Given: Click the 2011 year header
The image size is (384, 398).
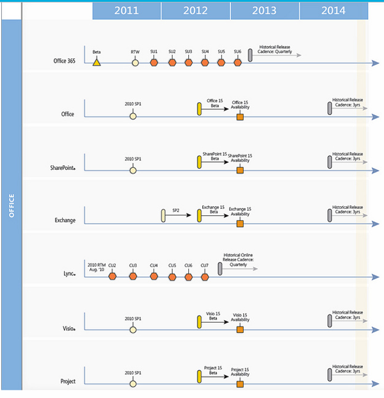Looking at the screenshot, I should [127, 10].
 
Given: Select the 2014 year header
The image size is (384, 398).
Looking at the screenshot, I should [333, 10].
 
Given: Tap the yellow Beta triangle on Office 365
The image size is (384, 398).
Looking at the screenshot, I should [97, 62].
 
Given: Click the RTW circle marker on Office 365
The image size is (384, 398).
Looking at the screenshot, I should [135, 63].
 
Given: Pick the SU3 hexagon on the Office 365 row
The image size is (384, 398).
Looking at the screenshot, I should [188, 63].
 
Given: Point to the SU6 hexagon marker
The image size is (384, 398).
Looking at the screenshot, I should [237, 63].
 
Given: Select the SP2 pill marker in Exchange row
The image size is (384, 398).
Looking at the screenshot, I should [164, 216].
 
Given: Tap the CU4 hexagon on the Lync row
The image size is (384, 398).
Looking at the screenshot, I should [154, 277].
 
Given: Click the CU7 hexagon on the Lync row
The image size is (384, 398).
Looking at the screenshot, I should [205, 277].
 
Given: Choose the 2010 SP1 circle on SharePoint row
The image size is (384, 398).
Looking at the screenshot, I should [133, 171].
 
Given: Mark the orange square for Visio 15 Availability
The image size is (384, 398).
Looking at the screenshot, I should [240, 330].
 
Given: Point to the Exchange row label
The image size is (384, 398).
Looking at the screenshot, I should [65, 220].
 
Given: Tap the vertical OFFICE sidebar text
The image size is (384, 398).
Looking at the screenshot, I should [12, 206].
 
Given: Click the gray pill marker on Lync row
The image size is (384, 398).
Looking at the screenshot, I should [220, 269].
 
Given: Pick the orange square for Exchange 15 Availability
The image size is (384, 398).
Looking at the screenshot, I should [240, 224].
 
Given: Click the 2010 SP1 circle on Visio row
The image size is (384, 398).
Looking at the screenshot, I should [133, 330].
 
